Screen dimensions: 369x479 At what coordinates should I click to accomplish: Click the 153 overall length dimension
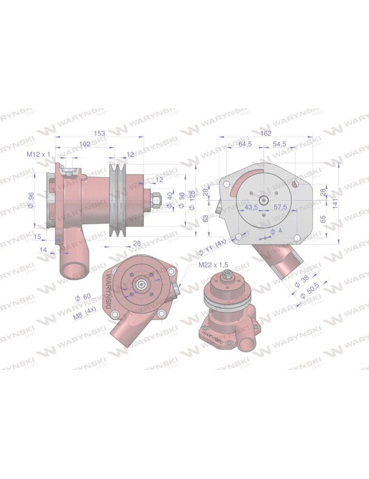point(100,133)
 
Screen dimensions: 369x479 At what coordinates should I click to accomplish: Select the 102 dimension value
point(85,144)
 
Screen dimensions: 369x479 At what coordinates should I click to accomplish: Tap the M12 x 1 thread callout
point(38,154)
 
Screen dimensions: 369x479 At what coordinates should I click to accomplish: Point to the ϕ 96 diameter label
point(31,200)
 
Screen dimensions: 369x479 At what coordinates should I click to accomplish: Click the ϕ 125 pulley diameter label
point(191,200)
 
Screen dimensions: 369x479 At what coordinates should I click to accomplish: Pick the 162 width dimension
point(266,133)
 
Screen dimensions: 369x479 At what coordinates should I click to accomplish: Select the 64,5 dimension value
point(246,144)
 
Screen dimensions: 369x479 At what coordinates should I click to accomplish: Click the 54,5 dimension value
point(280,144)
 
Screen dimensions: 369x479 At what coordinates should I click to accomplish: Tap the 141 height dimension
point(335,204)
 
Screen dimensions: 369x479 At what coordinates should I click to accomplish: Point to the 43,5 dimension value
point(251,207)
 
